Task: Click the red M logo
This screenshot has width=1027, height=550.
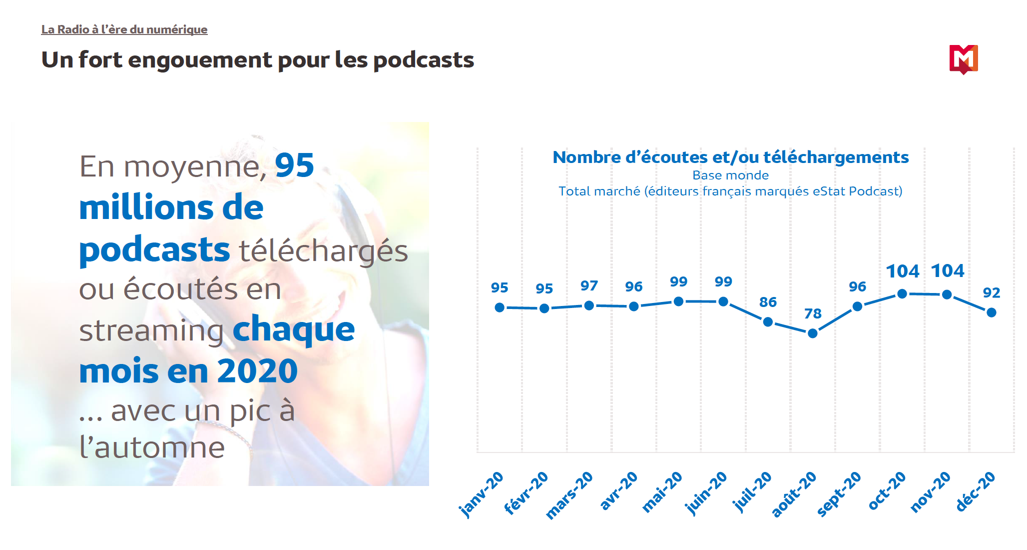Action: point(963,59)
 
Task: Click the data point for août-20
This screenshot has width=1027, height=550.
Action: point(813,333)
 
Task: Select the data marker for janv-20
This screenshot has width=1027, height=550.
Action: point(500,307)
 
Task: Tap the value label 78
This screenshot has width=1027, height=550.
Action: point(813,313)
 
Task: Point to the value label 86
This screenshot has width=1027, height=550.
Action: point(768,302)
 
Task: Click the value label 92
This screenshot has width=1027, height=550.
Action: point(992,292)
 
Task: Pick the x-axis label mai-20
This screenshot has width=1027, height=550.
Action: point(662,492)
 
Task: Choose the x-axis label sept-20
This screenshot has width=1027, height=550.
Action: point(839,493)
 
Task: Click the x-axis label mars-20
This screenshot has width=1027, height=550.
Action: point(569,495)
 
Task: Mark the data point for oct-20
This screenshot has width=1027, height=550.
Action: point(902,294)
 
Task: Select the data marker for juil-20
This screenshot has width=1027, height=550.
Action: point(768,322)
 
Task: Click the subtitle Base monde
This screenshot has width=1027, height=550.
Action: point(730,175)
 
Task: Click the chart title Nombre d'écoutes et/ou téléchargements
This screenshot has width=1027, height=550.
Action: point(730,157)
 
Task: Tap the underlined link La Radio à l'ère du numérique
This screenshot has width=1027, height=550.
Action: point(124,29)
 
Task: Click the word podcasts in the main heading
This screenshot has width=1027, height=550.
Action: point(424,60)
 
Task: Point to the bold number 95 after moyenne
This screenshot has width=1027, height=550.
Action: point(294,165)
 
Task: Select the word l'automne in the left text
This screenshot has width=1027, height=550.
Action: point(152,447)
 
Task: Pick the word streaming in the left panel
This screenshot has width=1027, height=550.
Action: point(151,331)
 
